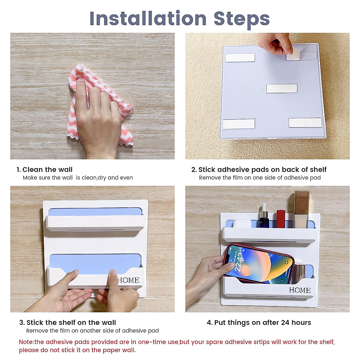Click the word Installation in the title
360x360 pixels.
point(148,19)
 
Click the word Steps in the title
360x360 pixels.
point(241,20)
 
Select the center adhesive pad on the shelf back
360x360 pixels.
point(281,89)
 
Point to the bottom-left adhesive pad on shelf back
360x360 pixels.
point(239,124)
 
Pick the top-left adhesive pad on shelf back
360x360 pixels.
point(240,58)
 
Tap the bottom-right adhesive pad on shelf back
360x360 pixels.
point(305,123)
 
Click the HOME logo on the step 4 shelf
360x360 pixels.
point(300,290)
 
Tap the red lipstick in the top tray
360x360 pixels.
point(281,219)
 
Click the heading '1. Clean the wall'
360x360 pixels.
point(44,169)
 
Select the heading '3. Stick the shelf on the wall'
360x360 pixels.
point(67,322)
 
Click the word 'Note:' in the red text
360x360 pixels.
point(27,342)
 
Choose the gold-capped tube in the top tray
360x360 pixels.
point(301,209)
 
